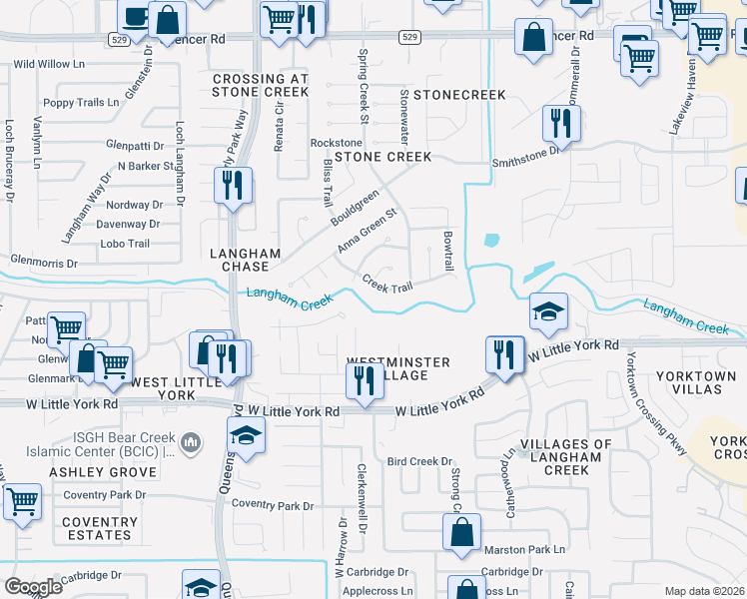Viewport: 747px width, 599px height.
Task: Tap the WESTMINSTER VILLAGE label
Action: [x=397, y=367]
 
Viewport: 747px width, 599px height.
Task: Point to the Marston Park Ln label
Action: [x=524, y=549]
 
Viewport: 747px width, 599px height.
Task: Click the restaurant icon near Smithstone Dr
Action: [x=556, y=123]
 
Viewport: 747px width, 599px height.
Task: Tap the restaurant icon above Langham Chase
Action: [x=233, y=185]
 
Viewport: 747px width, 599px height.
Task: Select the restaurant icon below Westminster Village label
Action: [x=364, y=380]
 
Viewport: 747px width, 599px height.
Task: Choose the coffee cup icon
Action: [x=135, y=15]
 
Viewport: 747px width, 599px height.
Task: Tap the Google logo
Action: [x=33, y=587]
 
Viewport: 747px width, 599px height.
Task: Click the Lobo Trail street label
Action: [x=124, y=244]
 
